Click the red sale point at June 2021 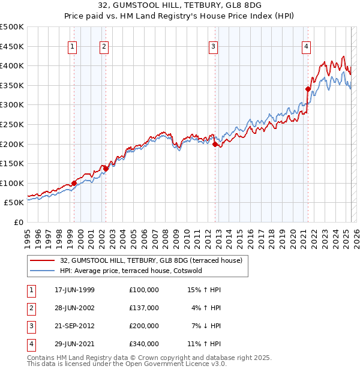click(308, 89)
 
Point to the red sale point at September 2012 click(215, 144)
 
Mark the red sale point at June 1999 click(74, 183)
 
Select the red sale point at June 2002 click(106, 169)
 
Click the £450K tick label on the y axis click(12, 46)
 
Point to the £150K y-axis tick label click(12, 163)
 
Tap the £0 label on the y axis click(18, 222)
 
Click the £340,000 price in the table click(143, 344)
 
